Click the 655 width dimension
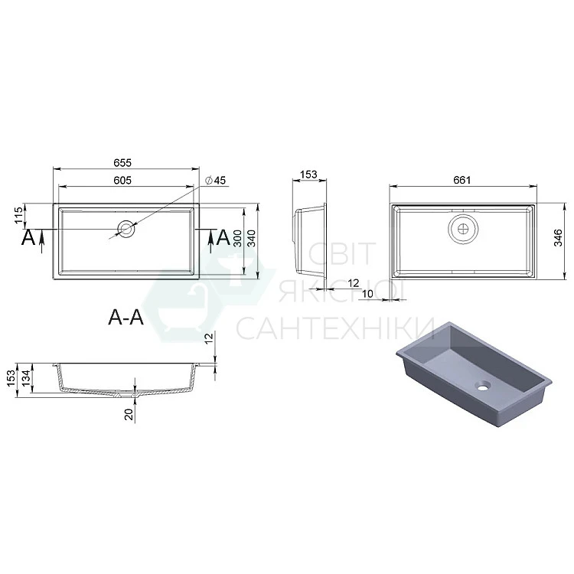122,162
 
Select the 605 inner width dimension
122,180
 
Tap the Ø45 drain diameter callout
215,180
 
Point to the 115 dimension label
18,215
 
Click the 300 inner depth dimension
237,238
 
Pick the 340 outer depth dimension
252,238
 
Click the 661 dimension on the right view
461,180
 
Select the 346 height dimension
557,237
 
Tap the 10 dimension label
367,294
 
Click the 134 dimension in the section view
25,378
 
